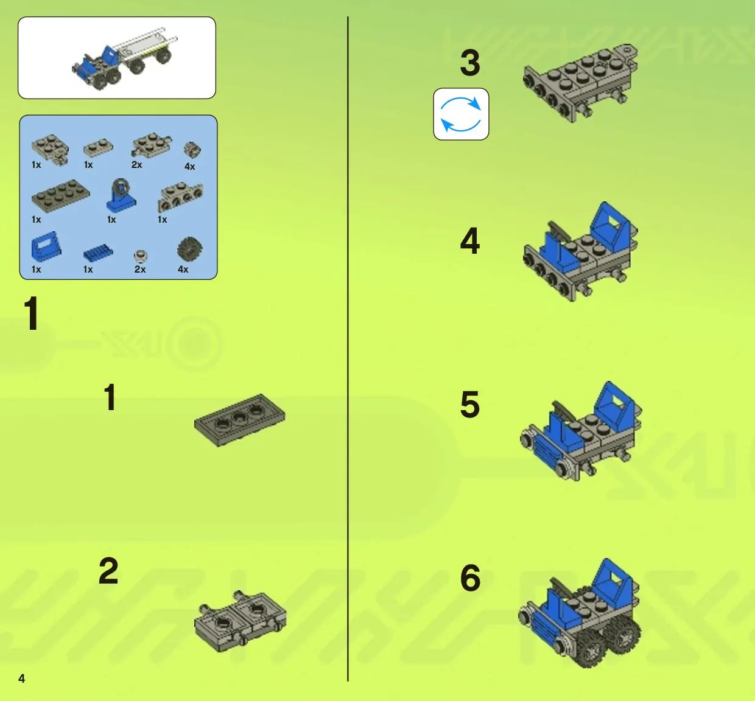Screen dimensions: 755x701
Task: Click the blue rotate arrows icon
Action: (461, 114)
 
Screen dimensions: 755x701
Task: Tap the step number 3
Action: (470, 63)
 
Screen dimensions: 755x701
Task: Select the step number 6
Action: (470, 578)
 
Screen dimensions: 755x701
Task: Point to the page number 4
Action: (22, 678)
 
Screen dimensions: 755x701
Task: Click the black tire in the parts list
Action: (190, 249)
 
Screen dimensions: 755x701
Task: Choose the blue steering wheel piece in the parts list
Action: (121, 195)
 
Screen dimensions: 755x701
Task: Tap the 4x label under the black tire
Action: (183, 270)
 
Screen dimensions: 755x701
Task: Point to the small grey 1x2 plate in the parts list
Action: (98, 148)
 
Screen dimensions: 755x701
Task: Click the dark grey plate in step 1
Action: (239, 420)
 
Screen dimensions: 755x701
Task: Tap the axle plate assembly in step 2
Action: (240, 622)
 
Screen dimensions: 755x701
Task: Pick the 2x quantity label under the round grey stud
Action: (140, 270)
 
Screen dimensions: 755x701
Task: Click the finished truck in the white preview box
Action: (125, 58)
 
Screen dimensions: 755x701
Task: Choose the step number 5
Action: (470, 404)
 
